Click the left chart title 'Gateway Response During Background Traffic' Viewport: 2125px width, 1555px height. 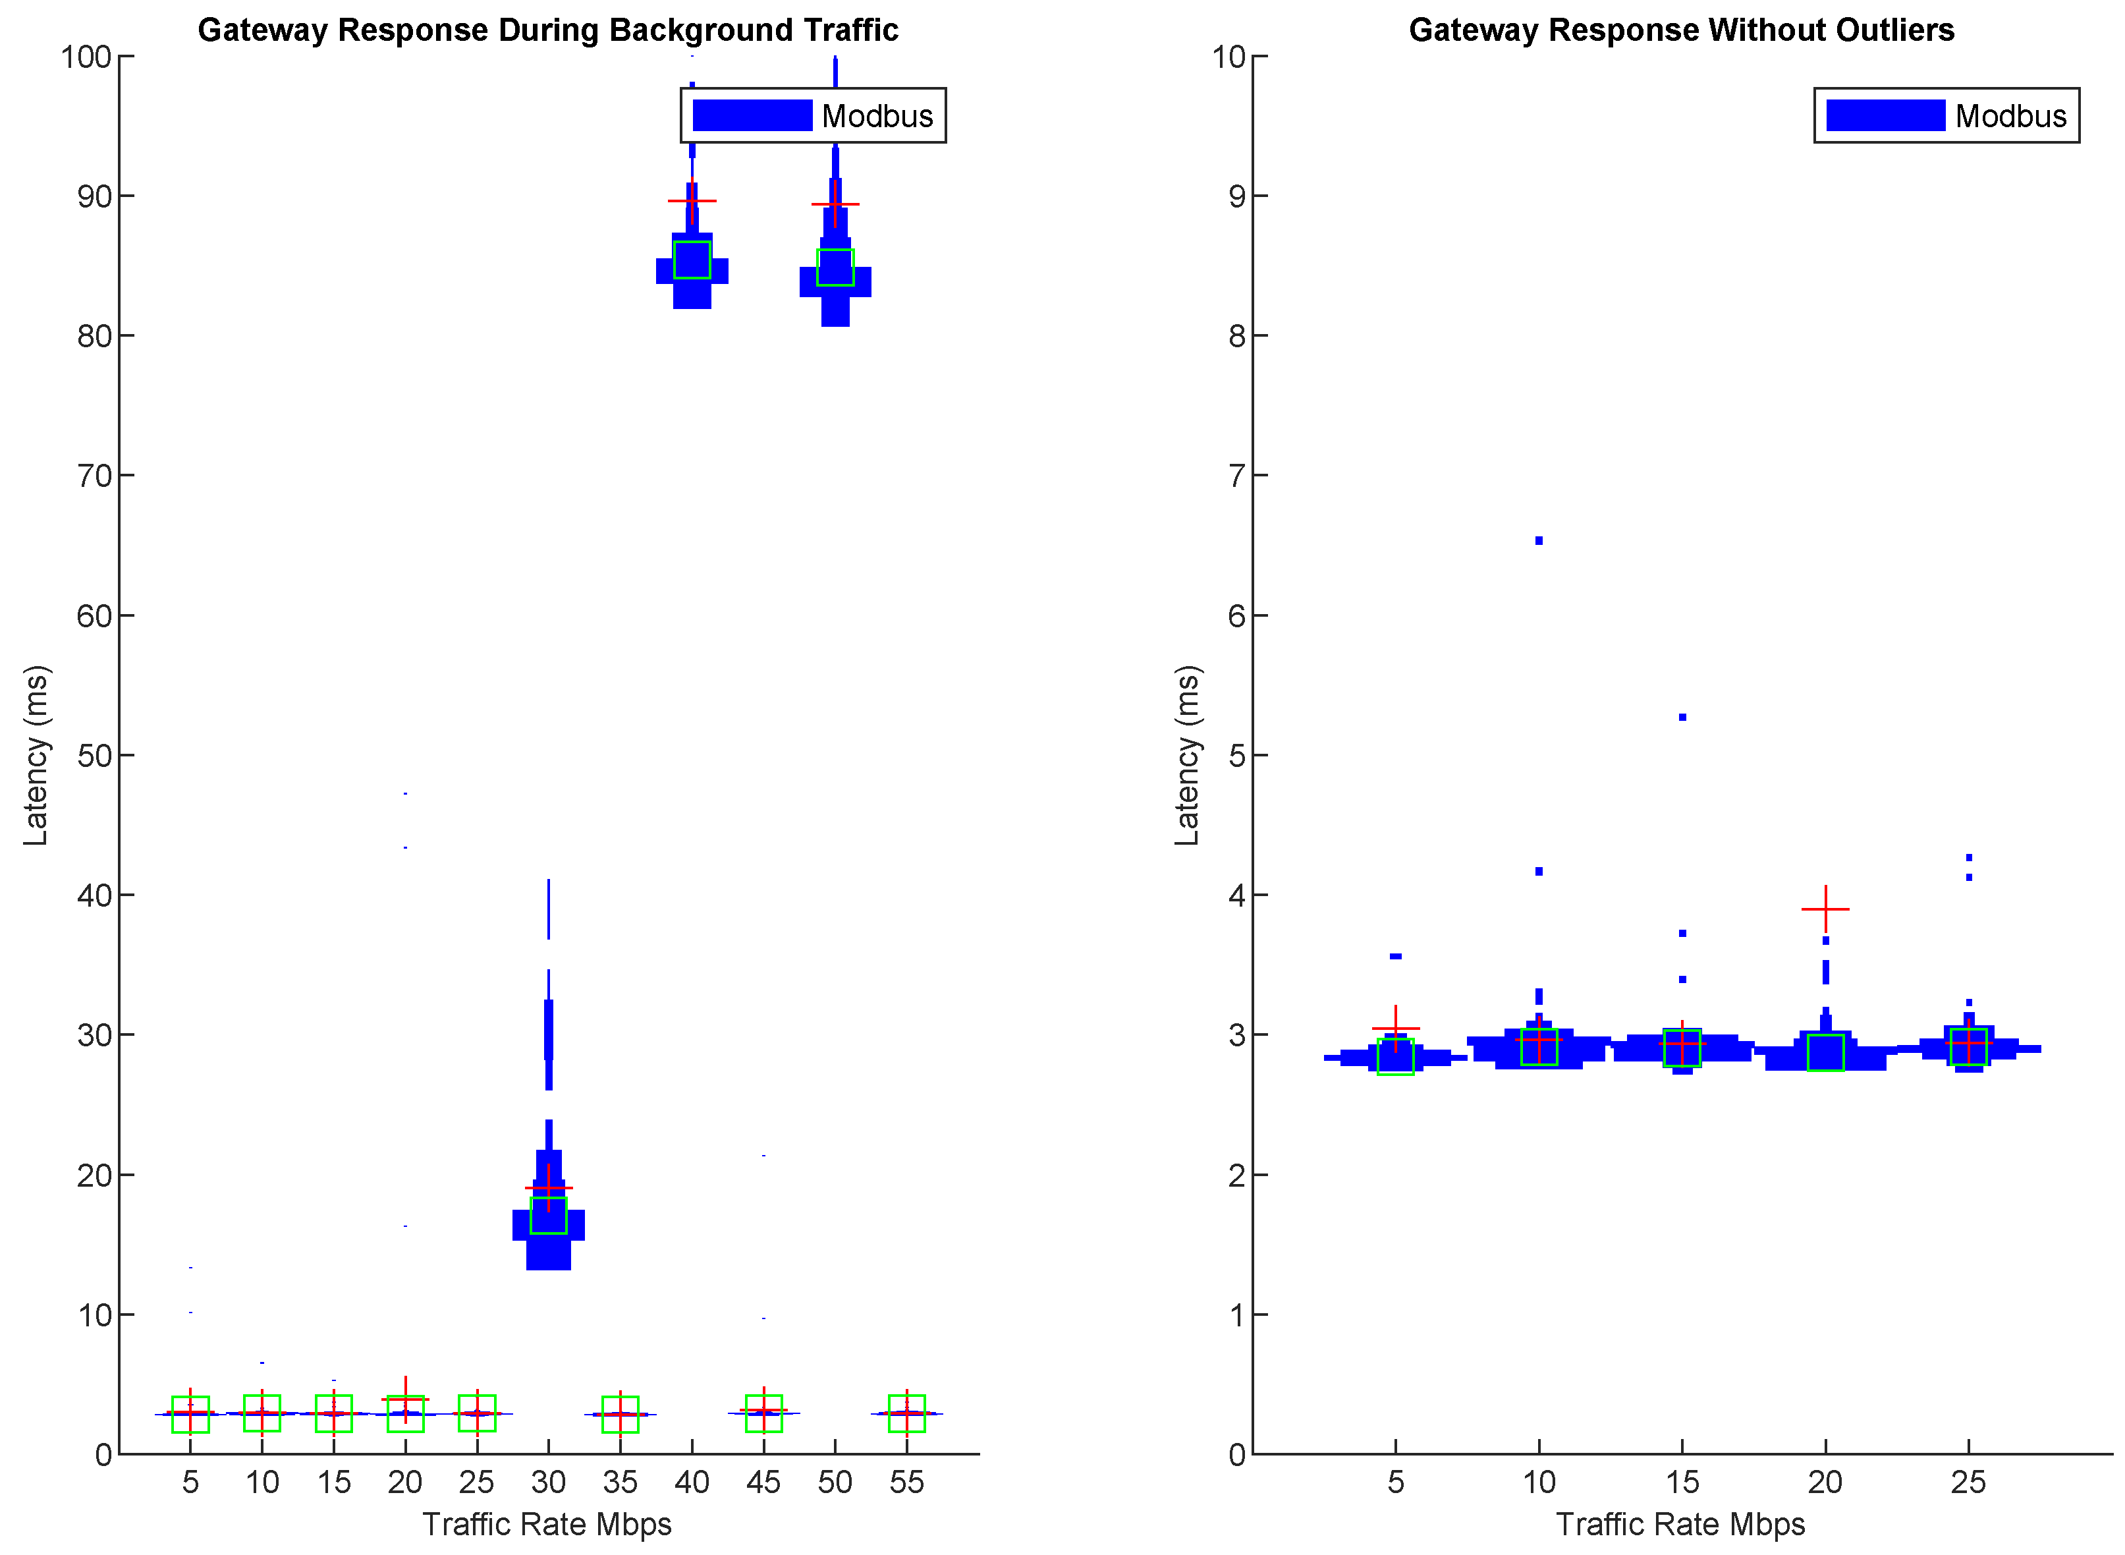(548, 30)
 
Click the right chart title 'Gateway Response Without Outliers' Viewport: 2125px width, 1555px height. (1681, 30)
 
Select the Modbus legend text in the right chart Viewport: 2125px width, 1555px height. (2010, 116)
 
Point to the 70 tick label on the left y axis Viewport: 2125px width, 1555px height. (94, 476)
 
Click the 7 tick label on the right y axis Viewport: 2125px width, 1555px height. (1236, 476)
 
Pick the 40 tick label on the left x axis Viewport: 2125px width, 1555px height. (692, 1483)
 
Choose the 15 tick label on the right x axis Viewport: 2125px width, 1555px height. (1682, 1483)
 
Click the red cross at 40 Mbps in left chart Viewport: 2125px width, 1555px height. (692, 200)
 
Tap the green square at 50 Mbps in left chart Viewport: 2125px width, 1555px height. (835, 268)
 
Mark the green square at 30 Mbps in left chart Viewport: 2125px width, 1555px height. (549, 1215)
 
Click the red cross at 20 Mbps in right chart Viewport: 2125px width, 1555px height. (1825, 909)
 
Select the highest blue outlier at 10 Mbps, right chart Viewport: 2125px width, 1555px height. (1539, 540)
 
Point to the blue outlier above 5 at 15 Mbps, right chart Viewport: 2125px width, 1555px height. (1682, 718)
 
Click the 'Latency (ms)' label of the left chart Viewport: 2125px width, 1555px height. (36, 755)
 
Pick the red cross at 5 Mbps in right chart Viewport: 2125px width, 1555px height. (1396, 1029)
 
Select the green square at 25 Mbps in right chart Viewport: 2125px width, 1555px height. (1968, 1047)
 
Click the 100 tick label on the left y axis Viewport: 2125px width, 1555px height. (86, 57)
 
